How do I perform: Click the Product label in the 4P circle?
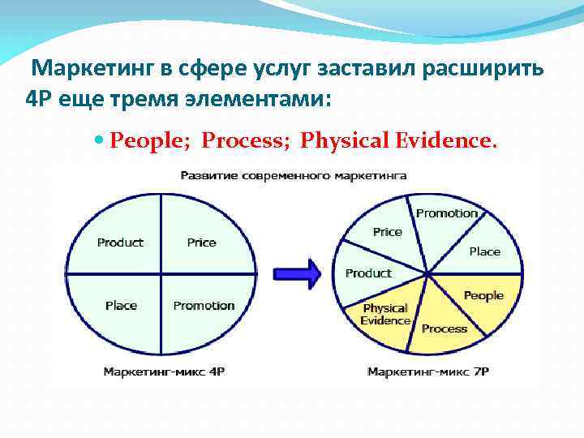(x=120, y=243)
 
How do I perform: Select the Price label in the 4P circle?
(x=201, y=243)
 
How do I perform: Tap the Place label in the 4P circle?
(x=121, y=306)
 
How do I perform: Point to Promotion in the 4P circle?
(x=204, y=306)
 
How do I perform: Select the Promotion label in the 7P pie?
(x=447, y=213)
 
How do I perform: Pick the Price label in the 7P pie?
(x=387, y=232)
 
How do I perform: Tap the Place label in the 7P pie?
(x=484, y=251)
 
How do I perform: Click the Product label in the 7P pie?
(x=368, y=273)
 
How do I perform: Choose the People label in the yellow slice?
(x=483, y=296)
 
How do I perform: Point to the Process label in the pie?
(x=444, y=328)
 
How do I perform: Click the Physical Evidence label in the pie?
(x=385, y=315)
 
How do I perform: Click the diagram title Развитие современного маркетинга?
(x=293, y=175)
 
